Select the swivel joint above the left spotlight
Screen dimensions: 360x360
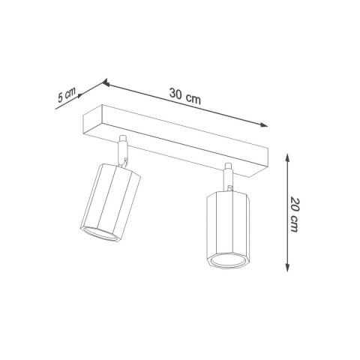pyautogui.click(x=121, y=148)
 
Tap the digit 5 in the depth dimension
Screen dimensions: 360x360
pyautogui.click(x=62, y=97)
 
